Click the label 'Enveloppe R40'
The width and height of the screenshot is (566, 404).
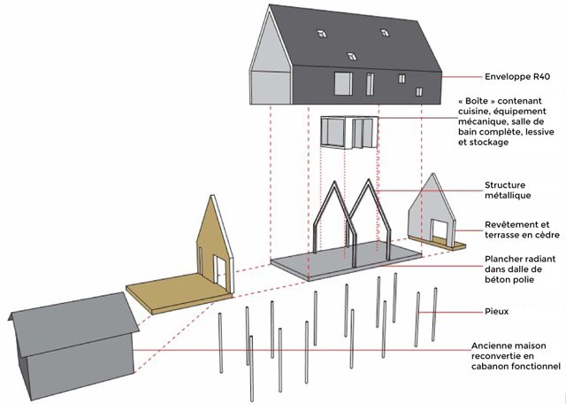517,76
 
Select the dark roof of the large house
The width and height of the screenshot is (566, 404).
354,40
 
